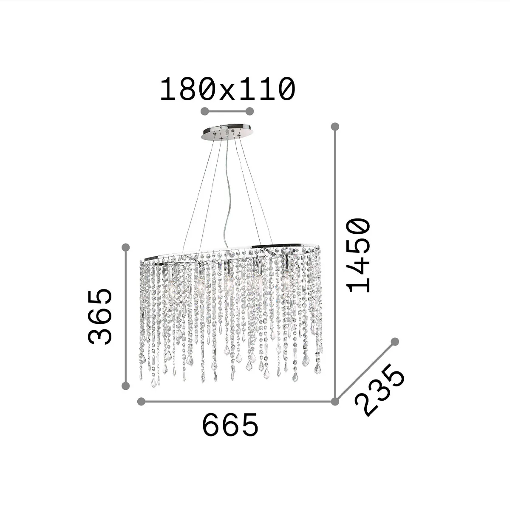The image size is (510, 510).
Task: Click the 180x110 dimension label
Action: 228,89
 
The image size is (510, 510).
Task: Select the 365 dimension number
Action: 100,316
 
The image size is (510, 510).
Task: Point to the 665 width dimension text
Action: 230,424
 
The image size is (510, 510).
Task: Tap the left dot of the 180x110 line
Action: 205,111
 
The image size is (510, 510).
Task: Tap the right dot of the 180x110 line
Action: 249,111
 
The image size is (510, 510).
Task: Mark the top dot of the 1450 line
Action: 335,127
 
